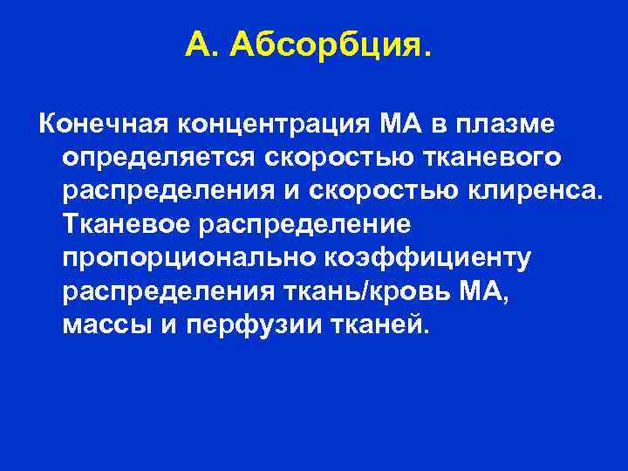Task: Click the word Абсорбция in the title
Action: [x=331, y=44]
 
